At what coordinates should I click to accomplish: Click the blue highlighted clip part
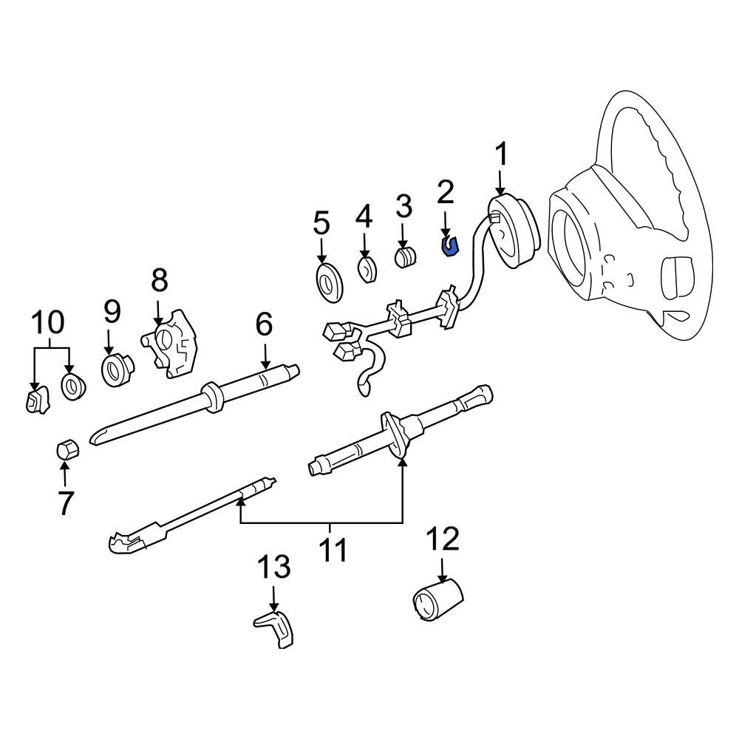(449, 246)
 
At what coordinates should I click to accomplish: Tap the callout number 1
(501, 156)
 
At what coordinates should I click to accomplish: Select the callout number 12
(441, 539)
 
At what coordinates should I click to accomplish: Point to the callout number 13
(273, 568)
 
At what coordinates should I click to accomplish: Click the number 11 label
(330, 551)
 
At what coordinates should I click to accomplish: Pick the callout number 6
(264, 324)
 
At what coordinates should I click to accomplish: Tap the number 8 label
(160, 281)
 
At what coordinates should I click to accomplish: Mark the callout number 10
(47, 323)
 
